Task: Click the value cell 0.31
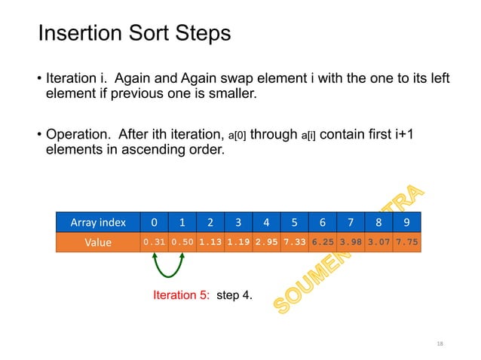[x=154, y=243]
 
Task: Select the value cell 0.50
[x=182, y=243]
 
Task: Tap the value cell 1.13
[x=210, y=243]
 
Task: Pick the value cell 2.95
[x=266, y=243]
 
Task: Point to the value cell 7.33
[x=294, y=243]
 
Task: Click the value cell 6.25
[x=322, y=243]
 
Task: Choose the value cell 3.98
[x=350, y=243]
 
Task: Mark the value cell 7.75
[x=406, y=243]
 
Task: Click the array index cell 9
[x=406, y=222]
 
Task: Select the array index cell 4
[x=266, y=222]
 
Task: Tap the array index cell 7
[x=350, y=222]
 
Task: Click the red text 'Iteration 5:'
[x=182, y=295]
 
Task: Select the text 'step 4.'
[x=235, y=295]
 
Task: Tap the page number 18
[x=440, y=343]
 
